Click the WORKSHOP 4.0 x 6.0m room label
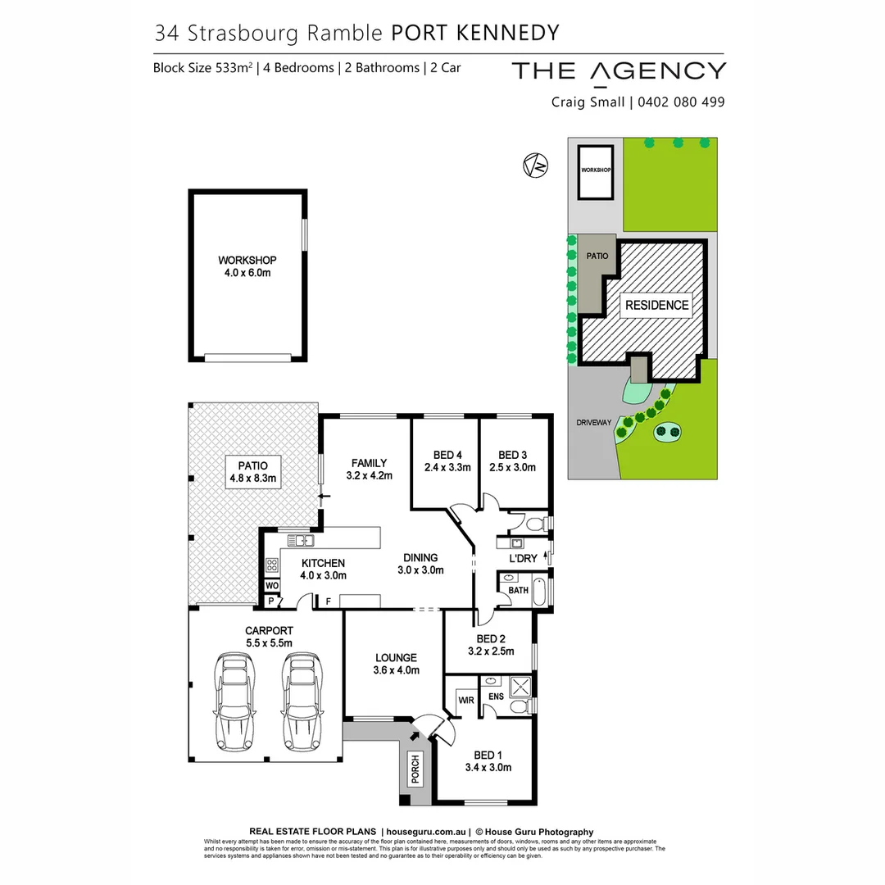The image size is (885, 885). pyautogui.click(x=247, y=266)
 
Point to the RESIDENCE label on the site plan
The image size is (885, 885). pyautogui.click(x=656, y=305)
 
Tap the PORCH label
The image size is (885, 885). pyautogui.click(x=415, y=769)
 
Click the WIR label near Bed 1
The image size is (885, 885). pyautogui.click(x=466, y=700)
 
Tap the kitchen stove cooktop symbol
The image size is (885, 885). pyautogui.click(x=272, y=564)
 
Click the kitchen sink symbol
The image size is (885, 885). pyautogui.click(x=302, y=540)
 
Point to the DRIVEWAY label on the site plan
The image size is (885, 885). pyautogui.click(x=594, y=422)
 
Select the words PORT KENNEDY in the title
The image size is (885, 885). pyautogui.click(x=474, y=33)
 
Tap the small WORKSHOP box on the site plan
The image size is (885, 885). pyautogui.click(x=596, y=170)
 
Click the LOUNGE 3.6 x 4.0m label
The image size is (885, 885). pyautogui.click(x=397, y=664)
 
